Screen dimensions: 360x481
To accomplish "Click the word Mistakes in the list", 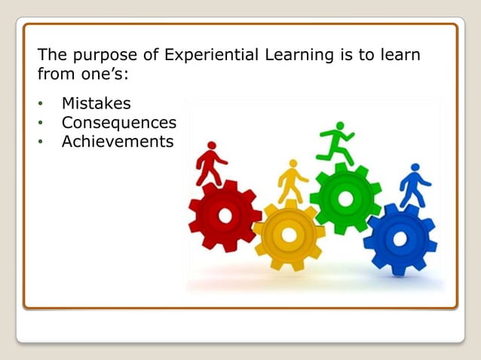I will [96, 103].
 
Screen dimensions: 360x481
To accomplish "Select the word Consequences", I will [118, 122].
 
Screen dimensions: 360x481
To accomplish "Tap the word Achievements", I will [118, 141].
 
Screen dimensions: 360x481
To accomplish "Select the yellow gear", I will [289, 235].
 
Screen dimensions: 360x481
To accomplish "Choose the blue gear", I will [400, 239].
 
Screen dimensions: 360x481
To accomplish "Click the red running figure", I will [210, 163].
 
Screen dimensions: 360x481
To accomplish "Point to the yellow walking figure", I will [292, 181].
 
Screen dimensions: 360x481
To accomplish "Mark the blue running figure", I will [414, 185].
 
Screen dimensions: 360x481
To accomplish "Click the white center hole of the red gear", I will [225, 216].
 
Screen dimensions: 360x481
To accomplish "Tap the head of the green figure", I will [340, 126].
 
